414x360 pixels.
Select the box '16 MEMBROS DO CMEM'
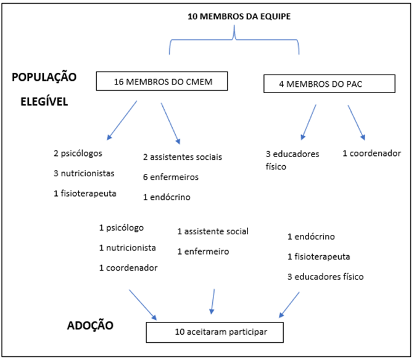coord(162,81)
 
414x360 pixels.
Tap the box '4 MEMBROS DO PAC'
coord(329,83)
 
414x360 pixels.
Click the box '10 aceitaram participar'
coord(215,332)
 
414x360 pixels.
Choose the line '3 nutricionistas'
coord(83,173)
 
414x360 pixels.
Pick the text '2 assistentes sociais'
coord(182,157)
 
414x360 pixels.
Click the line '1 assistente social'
coord(213,231)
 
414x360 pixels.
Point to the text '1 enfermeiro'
coord(203,252)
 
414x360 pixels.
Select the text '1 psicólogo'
coord(122,227)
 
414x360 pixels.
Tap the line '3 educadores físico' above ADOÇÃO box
coord(326,276)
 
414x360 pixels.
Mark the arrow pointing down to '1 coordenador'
coord(357,121)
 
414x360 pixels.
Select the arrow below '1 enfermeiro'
coord(213,300)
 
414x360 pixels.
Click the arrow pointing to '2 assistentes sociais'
coord(171,123)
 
